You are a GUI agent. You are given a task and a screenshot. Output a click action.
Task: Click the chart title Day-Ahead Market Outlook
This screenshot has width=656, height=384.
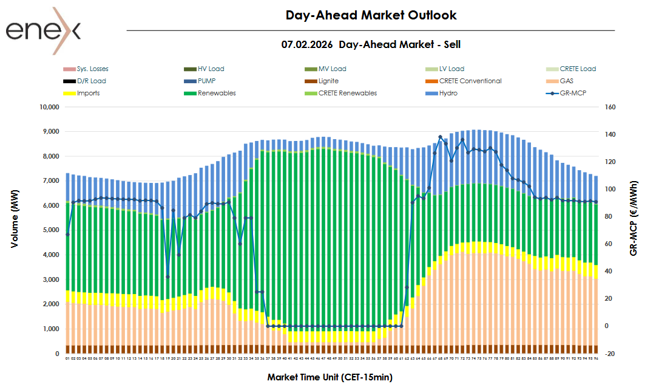(371, 15)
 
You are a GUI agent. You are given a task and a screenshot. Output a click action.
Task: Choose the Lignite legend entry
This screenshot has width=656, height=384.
(327, 81)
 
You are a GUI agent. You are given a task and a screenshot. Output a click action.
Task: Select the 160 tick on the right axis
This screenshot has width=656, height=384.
(610, 107)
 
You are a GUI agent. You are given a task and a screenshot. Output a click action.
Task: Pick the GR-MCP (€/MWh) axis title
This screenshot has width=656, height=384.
(634, 218)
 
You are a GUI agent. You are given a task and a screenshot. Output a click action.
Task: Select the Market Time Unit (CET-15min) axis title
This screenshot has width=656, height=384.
(330, 377)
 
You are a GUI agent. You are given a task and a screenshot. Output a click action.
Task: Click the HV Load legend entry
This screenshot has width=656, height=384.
(211, 69)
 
